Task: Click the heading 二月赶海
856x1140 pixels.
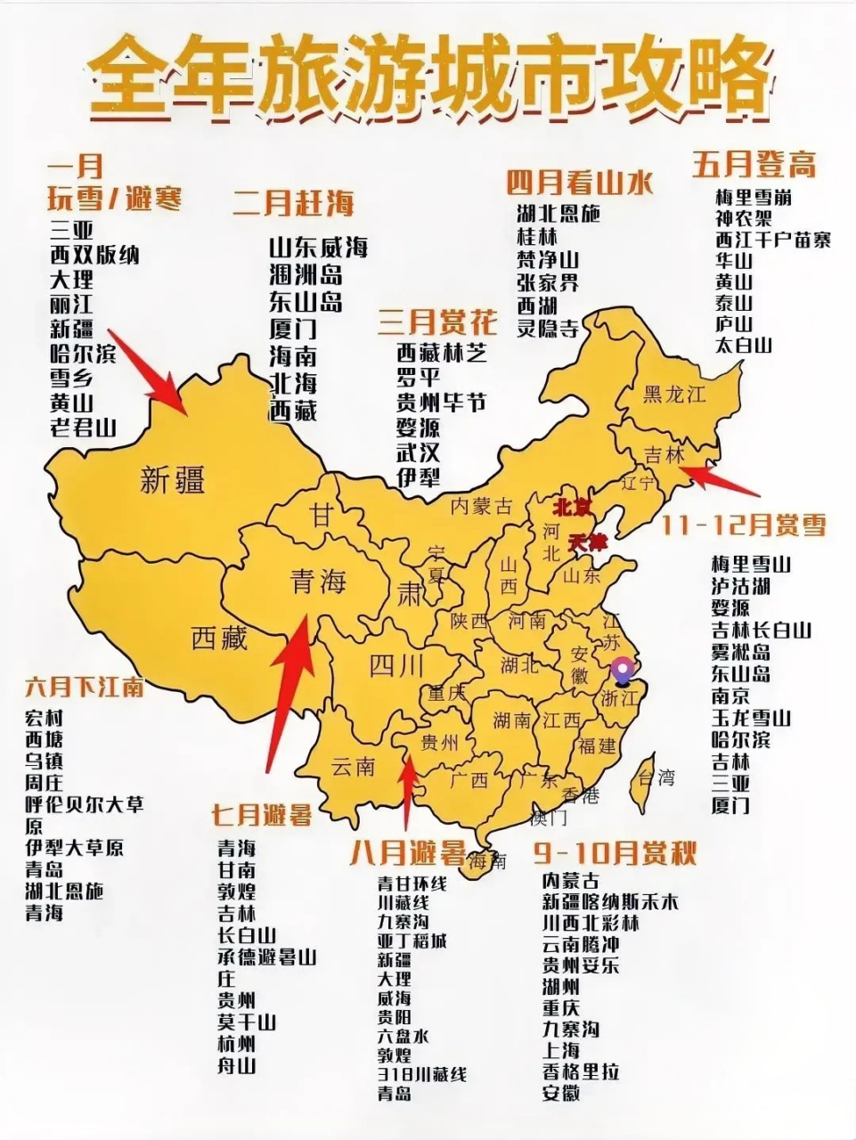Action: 293,203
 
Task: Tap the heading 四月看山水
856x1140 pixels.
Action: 580,183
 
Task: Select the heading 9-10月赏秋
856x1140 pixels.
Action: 615,853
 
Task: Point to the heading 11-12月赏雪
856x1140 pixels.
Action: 744,525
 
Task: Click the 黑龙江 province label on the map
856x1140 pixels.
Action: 674,394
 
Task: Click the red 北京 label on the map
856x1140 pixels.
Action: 571,507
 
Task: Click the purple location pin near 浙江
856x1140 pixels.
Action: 624,669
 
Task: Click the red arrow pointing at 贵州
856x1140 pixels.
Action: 408,793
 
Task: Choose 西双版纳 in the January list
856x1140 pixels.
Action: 94,255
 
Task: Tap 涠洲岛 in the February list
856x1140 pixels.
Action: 306,273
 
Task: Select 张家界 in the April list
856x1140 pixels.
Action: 548,282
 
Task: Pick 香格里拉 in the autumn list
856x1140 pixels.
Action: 581,1071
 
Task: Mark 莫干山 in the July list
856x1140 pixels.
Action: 247,1022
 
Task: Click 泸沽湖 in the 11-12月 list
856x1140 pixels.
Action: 740,586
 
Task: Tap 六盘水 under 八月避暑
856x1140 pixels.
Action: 403,1036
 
